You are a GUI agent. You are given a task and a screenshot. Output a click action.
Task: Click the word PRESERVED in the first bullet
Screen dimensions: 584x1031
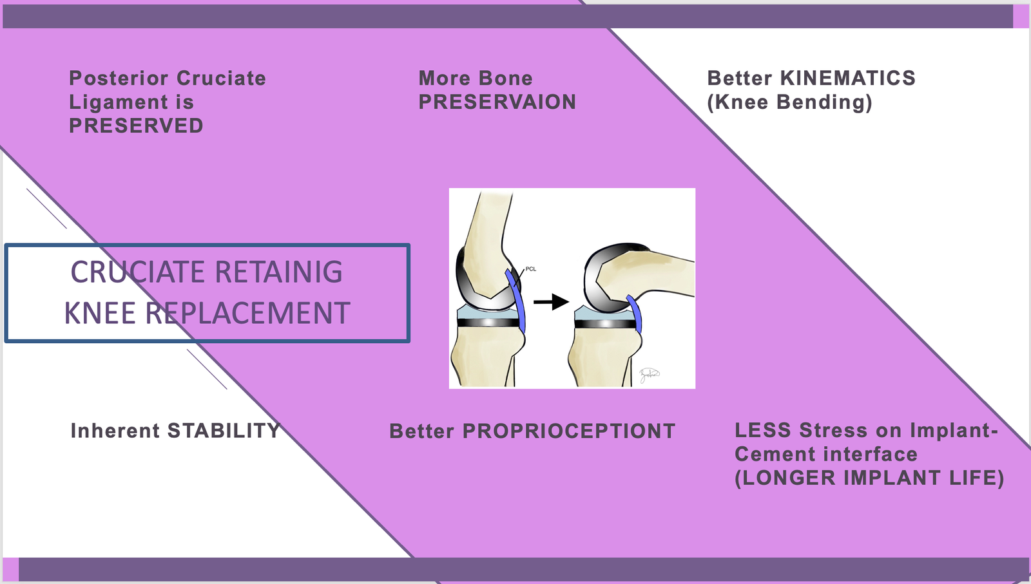136,126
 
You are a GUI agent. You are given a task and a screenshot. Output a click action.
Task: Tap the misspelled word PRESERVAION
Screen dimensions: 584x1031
497,102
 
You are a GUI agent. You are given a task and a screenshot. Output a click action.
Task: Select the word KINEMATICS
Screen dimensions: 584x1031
847,78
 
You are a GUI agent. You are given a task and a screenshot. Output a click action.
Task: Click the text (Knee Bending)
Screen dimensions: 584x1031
789,102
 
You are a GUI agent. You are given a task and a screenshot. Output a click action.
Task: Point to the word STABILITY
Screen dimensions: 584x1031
224,430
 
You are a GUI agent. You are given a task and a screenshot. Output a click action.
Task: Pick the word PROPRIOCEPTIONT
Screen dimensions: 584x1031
568,431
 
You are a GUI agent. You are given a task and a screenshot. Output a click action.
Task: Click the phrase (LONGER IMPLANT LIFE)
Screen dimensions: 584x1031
869,478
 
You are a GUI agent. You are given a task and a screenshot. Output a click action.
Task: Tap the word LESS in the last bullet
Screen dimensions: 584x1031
763,430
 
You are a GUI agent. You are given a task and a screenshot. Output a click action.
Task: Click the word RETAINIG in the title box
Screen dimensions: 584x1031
278,272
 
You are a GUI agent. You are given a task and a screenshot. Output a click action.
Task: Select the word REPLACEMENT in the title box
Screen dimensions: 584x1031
247,313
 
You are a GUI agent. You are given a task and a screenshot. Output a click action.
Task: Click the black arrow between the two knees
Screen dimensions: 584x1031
551,301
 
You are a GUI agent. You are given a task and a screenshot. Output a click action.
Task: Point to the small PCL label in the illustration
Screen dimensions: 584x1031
531,269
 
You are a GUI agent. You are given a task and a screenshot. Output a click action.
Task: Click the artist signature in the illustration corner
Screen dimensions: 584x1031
648,375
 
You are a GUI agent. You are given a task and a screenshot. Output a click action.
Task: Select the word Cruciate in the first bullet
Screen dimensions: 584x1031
221,78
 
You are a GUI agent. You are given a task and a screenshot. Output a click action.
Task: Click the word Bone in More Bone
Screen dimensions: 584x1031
505,78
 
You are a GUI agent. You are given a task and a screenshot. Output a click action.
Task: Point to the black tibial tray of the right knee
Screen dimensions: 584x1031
604,323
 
